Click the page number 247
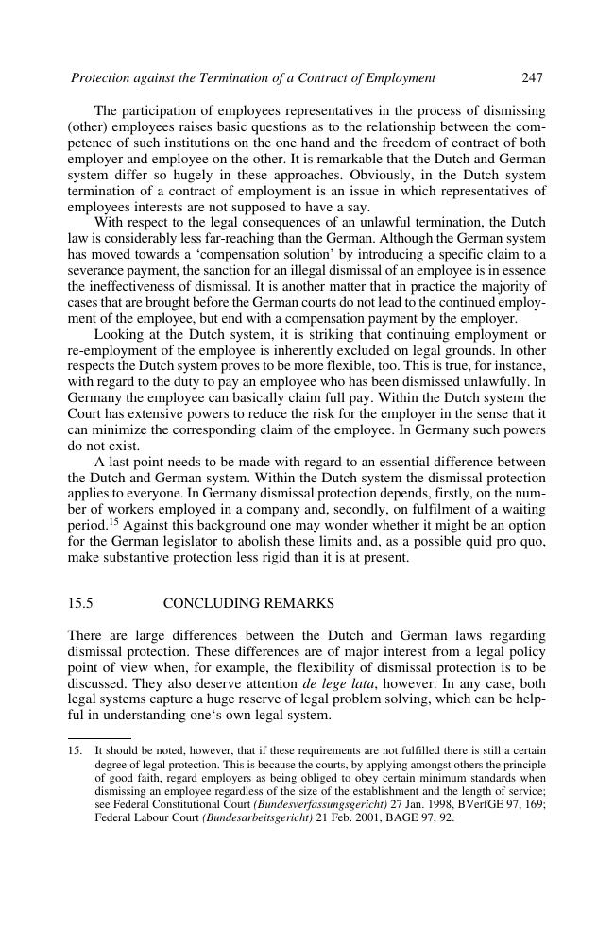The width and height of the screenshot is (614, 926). (x=532, y=77)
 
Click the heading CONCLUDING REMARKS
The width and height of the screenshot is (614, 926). (x=248, y=603)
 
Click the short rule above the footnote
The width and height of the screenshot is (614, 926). (x=99, y=738)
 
